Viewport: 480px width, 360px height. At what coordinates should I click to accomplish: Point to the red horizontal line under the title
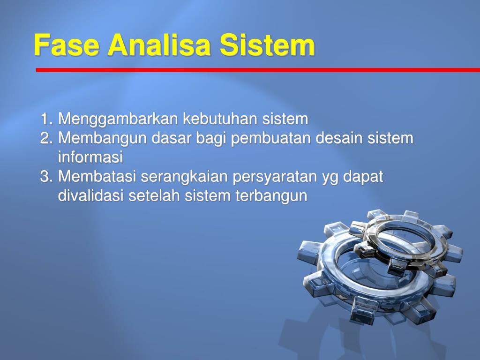click(258, 70)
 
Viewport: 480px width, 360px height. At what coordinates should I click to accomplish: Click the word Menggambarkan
click(118, 120)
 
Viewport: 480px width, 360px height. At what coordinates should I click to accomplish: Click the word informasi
click(90, 157)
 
